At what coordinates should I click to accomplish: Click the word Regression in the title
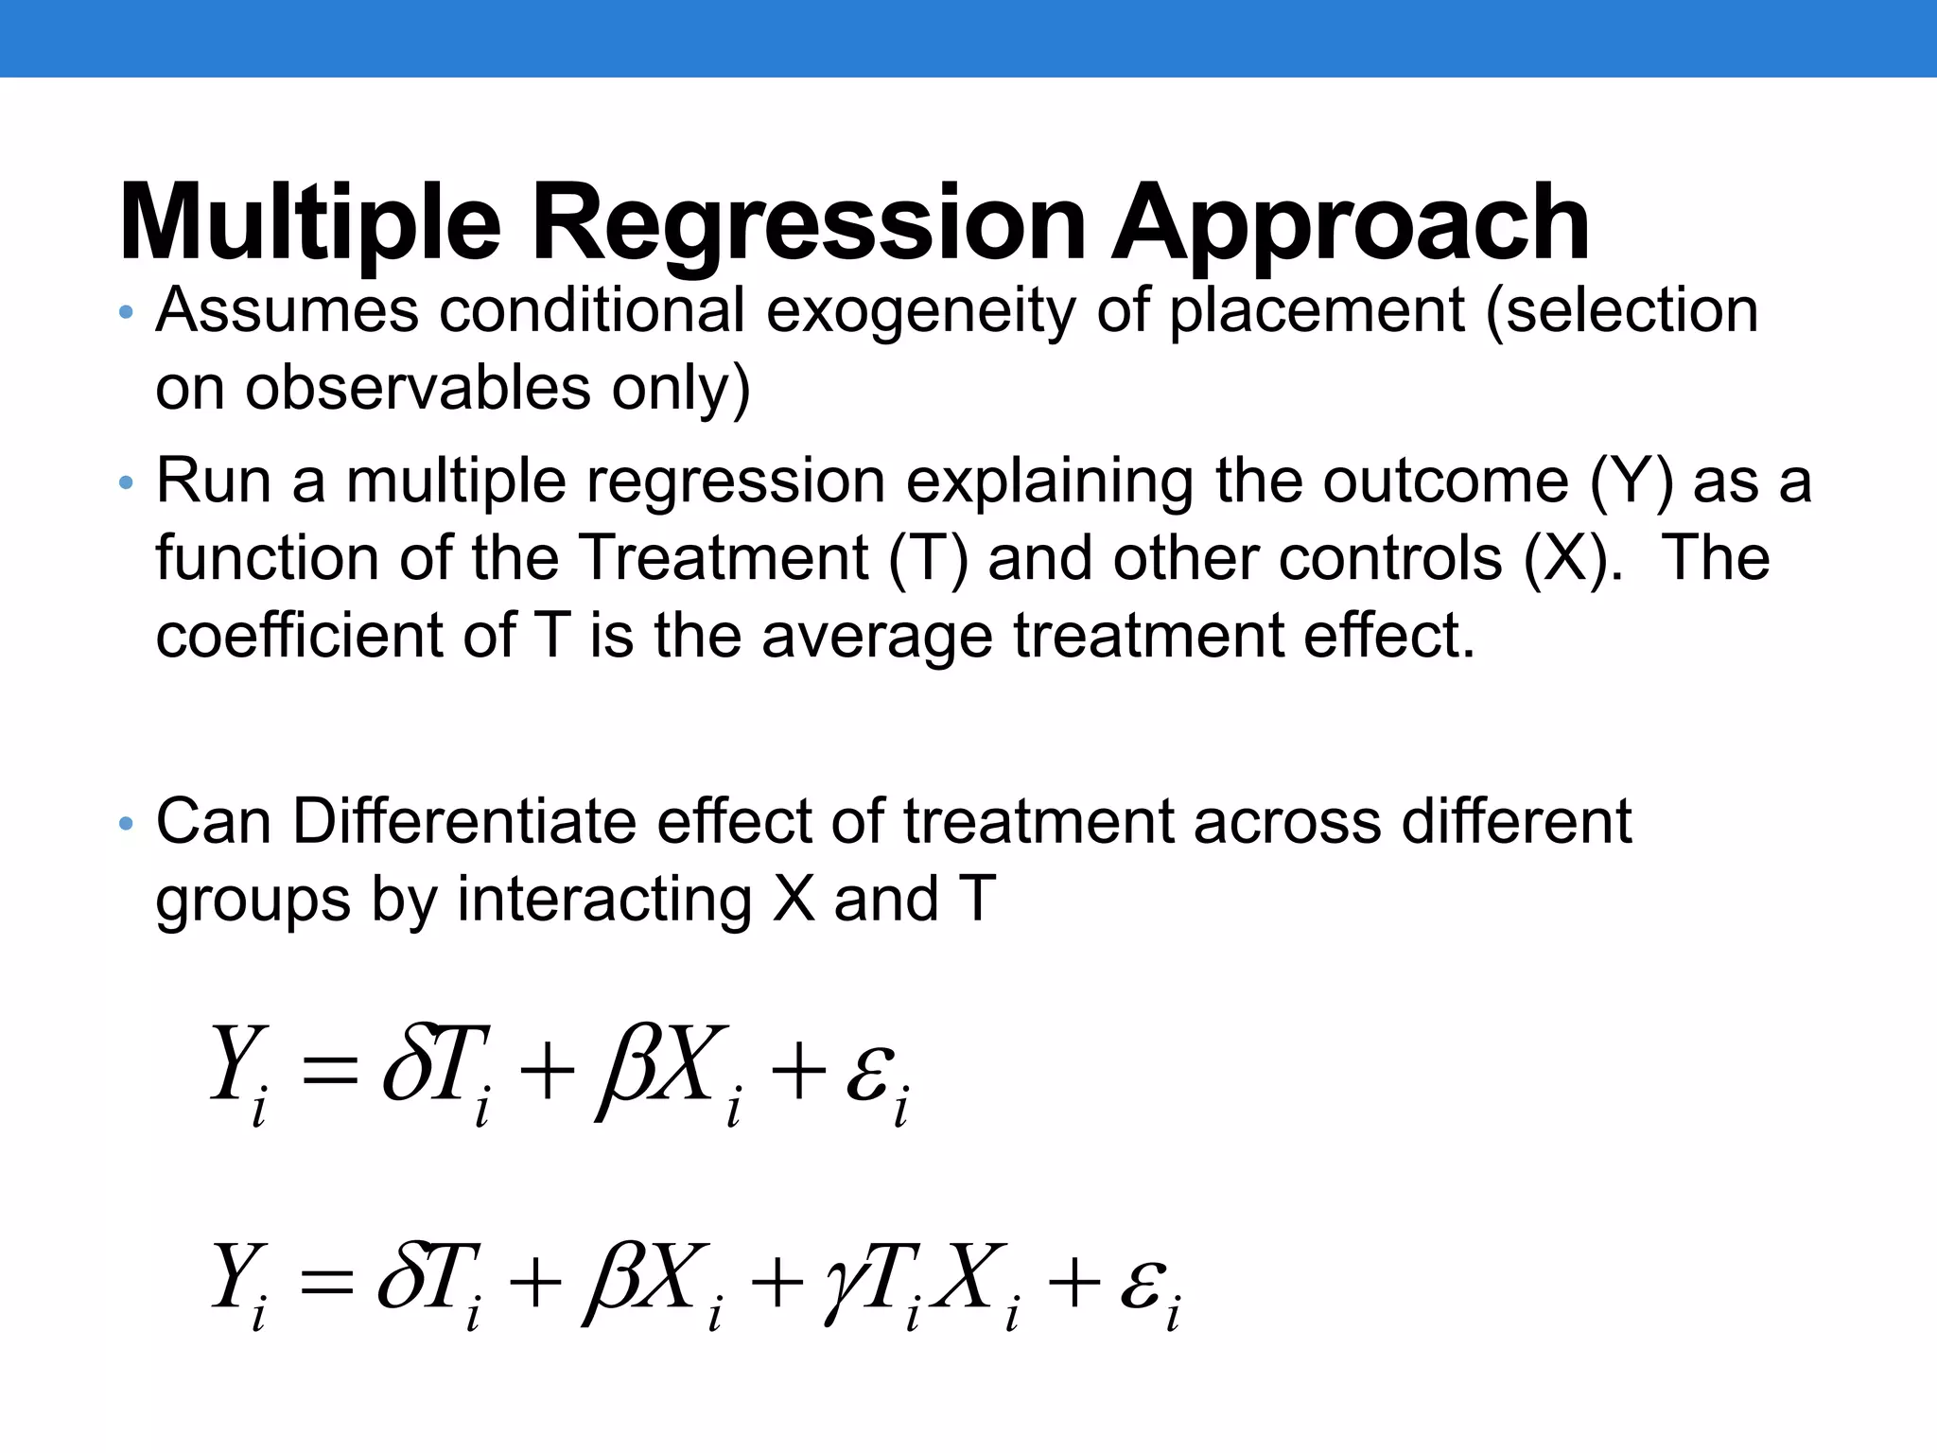click(809, 225)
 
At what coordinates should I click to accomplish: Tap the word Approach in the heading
click(1351, 225)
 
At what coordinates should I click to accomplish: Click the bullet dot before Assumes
click(127, 313)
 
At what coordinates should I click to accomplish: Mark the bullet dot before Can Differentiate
click(127, 824)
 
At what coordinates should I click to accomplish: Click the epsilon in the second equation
click(1141, 1286)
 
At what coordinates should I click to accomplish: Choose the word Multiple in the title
click(310, 225)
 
